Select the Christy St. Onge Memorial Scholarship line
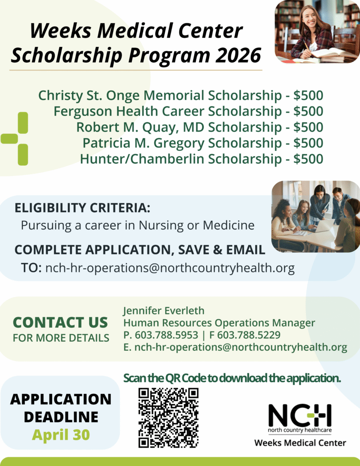pos(181,95)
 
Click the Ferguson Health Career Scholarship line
pos(188,111)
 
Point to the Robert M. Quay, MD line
pos(199,127)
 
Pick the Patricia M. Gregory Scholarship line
pos(202,143)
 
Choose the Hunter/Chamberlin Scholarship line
pos(201,158)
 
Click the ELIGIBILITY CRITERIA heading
pos(82,208)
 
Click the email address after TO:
pos(170,268)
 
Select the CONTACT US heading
pos(60,322)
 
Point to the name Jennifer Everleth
pos(163,311)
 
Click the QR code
pos(168,418)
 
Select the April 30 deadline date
pos(61,434)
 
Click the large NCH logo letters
pos(300,415)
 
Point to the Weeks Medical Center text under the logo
pos(300,443)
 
